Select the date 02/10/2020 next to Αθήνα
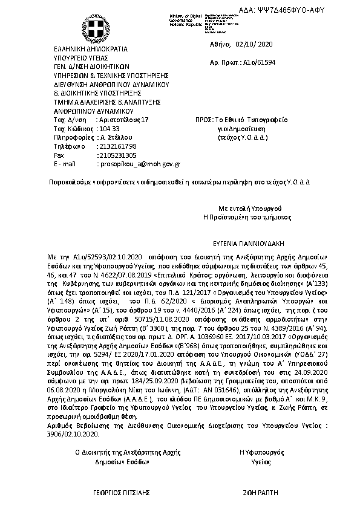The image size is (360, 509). tap(257, 44)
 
